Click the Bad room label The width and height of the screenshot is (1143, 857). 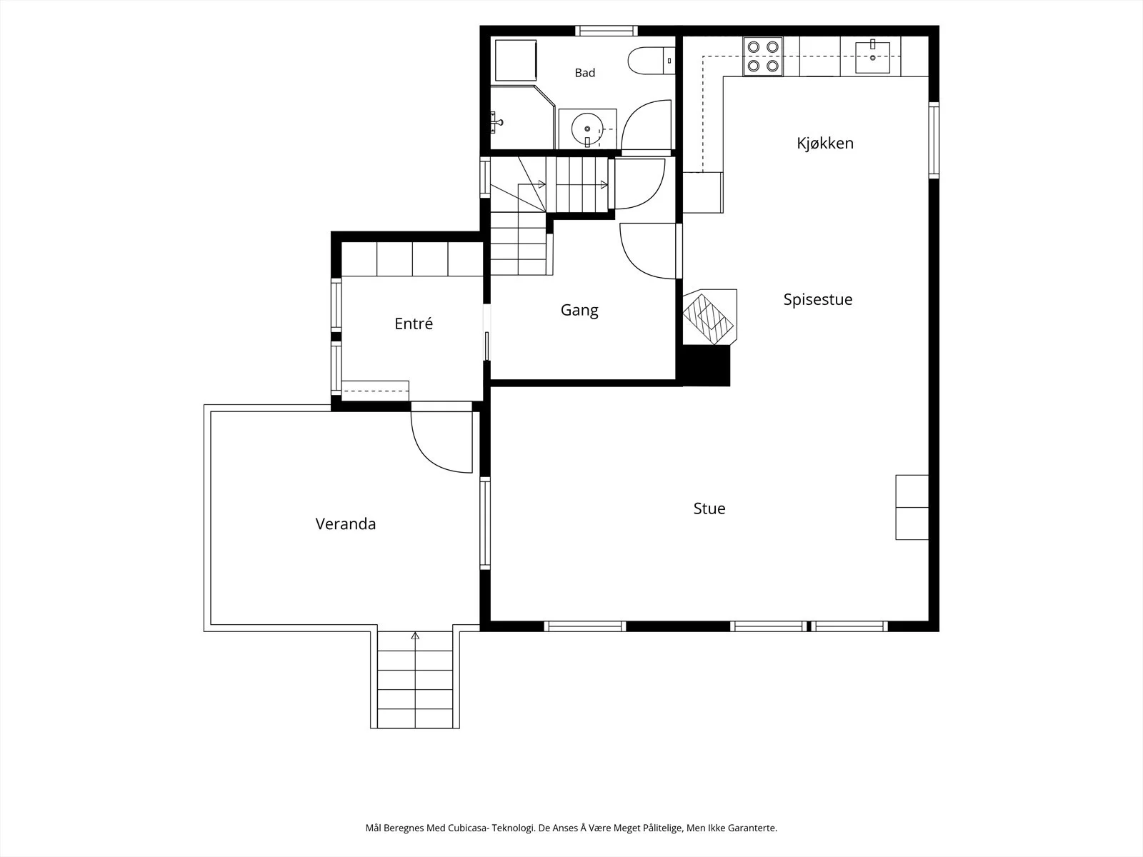(x=585, y=73)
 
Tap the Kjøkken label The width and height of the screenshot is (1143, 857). (x=825, y=143)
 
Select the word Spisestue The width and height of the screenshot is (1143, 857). (x=817, y=299)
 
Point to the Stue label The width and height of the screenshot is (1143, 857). (x=709, y=508)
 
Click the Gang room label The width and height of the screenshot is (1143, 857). (x=579, y=310)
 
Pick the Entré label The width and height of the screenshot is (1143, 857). (x=414, y=323)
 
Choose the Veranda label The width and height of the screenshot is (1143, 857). (x=345, y=523)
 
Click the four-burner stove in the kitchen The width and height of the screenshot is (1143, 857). (x=762, y=56)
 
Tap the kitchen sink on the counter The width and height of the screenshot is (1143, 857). (x=873, y=56)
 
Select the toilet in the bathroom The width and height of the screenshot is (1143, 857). (x=651, y=61)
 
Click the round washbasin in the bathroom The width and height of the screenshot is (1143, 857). (x=587, y=129)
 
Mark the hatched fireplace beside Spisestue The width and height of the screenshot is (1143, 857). (x=710, y=317)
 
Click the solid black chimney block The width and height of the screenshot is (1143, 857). (x=706, y=366)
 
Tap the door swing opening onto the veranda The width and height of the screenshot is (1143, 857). (x=441, y=442)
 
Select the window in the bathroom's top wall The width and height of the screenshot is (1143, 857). (x=606, y=31)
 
